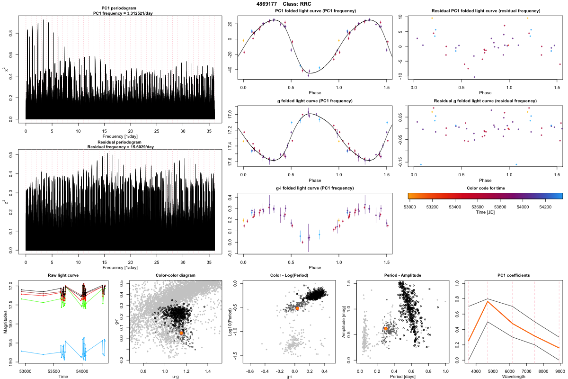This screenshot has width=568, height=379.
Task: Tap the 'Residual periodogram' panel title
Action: point(120,142)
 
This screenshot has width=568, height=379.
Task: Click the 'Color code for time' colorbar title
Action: point(485,188)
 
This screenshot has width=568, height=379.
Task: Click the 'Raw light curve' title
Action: point(63,275)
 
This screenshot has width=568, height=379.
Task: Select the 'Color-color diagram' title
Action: point(175,275)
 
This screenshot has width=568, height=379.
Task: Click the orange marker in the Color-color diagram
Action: point(182,333)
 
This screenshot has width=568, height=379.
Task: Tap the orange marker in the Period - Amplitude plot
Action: point(386,328)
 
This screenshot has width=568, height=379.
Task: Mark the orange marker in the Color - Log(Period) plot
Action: point(297,308)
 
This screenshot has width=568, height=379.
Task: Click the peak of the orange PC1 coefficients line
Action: point(488,301)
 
